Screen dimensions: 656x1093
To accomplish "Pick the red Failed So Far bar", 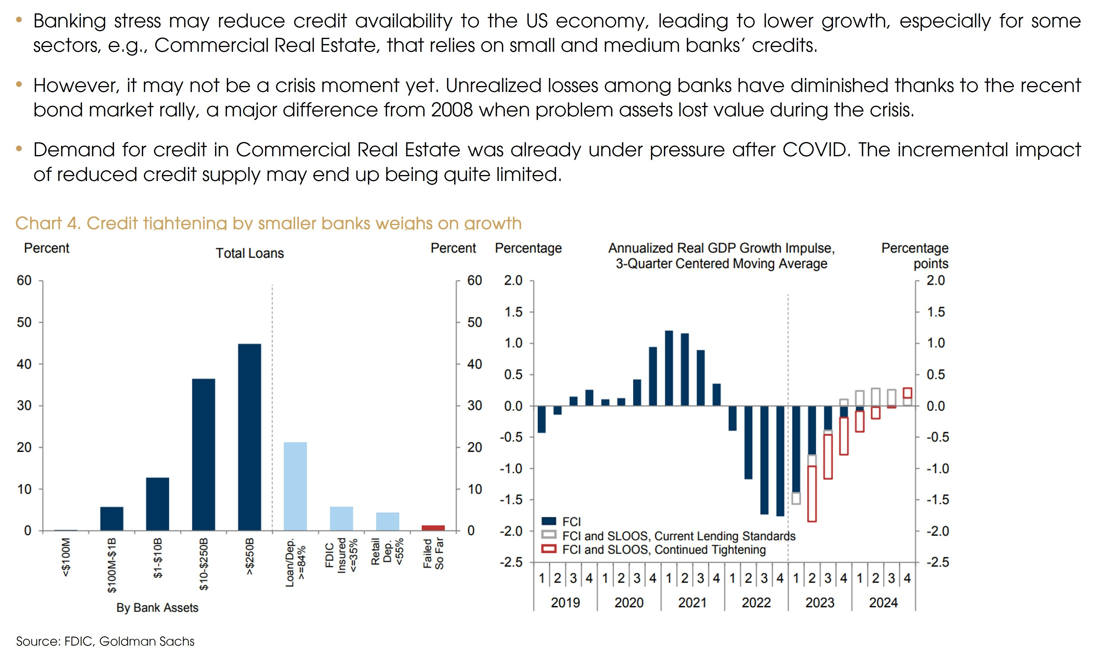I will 433,528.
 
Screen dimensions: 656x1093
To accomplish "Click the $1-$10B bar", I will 157,504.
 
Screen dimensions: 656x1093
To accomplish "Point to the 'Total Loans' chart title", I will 250,253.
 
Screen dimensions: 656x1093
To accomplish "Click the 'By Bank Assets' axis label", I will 157,608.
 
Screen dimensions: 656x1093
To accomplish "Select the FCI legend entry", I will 571,522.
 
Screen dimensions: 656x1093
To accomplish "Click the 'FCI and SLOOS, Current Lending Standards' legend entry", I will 678,536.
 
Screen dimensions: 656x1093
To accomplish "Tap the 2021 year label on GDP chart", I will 692,602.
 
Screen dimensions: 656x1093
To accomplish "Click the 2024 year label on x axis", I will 883,602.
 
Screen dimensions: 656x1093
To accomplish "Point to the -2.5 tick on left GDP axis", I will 512,562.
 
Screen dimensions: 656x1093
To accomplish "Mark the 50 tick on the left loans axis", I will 24,322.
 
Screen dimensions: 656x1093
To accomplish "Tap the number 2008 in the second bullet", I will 452,110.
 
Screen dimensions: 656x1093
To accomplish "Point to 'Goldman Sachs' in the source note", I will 147,641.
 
